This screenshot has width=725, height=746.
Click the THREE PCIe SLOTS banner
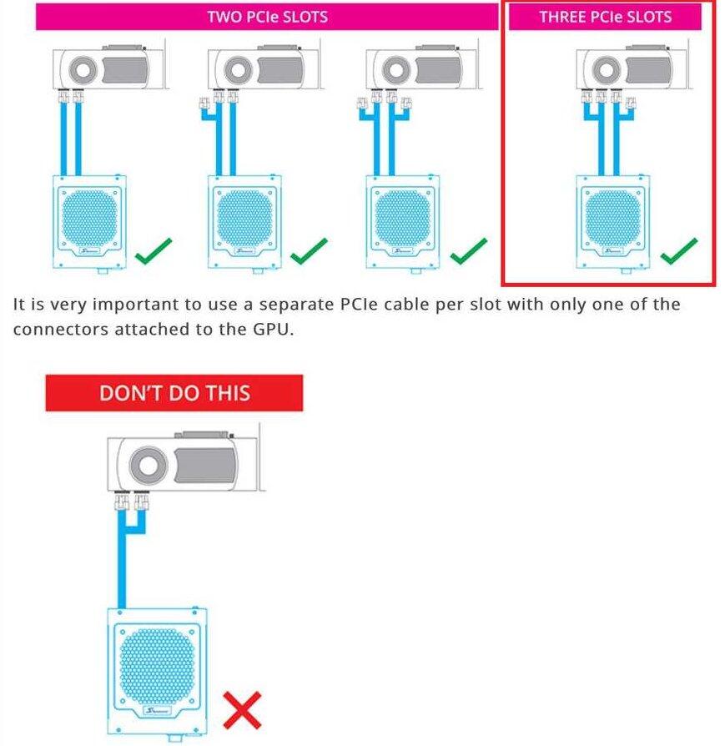(605, 17)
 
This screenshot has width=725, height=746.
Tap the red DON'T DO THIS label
(174, 393)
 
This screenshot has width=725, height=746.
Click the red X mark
(242, 710)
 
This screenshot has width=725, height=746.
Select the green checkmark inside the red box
(678, 250)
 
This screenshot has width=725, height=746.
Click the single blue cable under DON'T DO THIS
(123, 567)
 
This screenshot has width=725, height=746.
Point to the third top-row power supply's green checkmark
(468, 250)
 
